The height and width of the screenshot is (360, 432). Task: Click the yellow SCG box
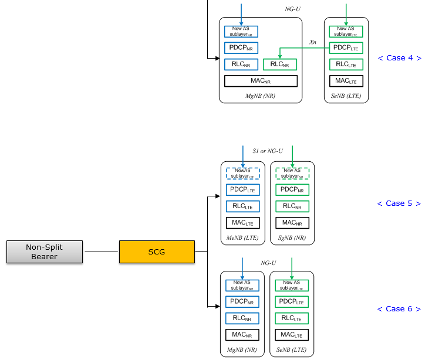tap(157, 252)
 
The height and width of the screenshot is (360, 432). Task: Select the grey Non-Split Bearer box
tap(45, 252)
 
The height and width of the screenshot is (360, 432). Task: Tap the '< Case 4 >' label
tap(400, 58)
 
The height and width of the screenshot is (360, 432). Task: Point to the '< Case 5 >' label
tap(399, 203)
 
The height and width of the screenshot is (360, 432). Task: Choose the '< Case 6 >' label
tap(399, 309)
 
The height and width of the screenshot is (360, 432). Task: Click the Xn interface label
tap(313, 42)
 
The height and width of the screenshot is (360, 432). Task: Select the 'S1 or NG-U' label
tap(268, 151)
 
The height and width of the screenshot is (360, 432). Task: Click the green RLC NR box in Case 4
tap(280, 64)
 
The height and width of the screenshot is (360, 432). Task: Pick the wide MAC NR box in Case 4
tap(261, 81)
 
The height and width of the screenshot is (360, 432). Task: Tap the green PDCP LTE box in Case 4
tap(346, 48)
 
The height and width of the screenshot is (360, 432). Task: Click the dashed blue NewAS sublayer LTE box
tap(243, 174)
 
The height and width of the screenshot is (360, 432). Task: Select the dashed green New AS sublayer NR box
tap(292, 174)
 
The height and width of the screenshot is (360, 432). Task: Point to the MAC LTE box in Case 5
tap(243, 223)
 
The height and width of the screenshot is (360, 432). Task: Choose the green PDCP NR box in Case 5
tap(292, 190)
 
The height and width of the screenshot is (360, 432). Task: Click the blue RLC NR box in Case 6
tap(242, 318)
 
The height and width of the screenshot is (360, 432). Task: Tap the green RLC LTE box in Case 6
tap(292, 318)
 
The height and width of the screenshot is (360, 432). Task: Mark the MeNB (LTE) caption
tap(242, 238)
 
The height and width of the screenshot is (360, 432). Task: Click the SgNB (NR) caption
tap(292, 238)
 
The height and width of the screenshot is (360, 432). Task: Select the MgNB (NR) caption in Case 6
tap(242, 350)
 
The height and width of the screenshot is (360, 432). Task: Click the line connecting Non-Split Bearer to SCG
tap(101, 252)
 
